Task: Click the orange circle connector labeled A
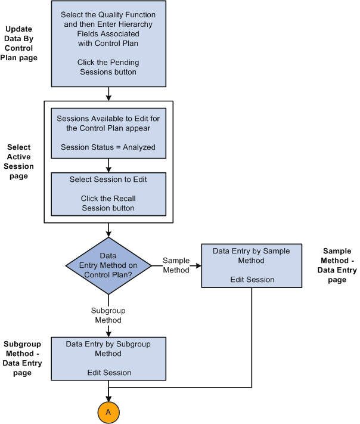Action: pos(108,411)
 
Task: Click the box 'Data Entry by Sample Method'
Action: pos(247,265)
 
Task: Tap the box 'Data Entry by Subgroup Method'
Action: pos(108,358)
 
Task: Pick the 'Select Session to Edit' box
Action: pos(108,193)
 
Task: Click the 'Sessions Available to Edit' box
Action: pos(108,132)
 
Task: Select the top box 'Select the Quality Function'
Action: pos(108,44)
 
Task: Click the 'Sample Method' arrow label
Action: pos(176,265)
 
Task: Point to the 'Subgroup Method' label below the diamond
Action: pos(107,315)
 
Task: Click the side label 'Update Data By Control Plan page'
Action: pos(21,44)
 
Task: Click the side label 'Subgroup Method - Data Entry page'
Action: pos(23,358)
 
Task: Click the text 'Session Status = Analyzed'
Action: pos(108,147)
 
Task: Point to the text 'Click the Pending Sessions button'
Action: pos(108,67)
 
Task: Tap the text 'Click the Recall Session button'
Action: pos(108,203)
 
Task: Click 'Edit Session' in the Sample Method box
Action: pos(247,280)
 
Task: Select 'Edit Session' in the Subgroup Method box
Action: pos(108,372)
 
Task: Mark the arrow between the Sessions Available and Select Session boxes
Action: pos(108,165)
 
